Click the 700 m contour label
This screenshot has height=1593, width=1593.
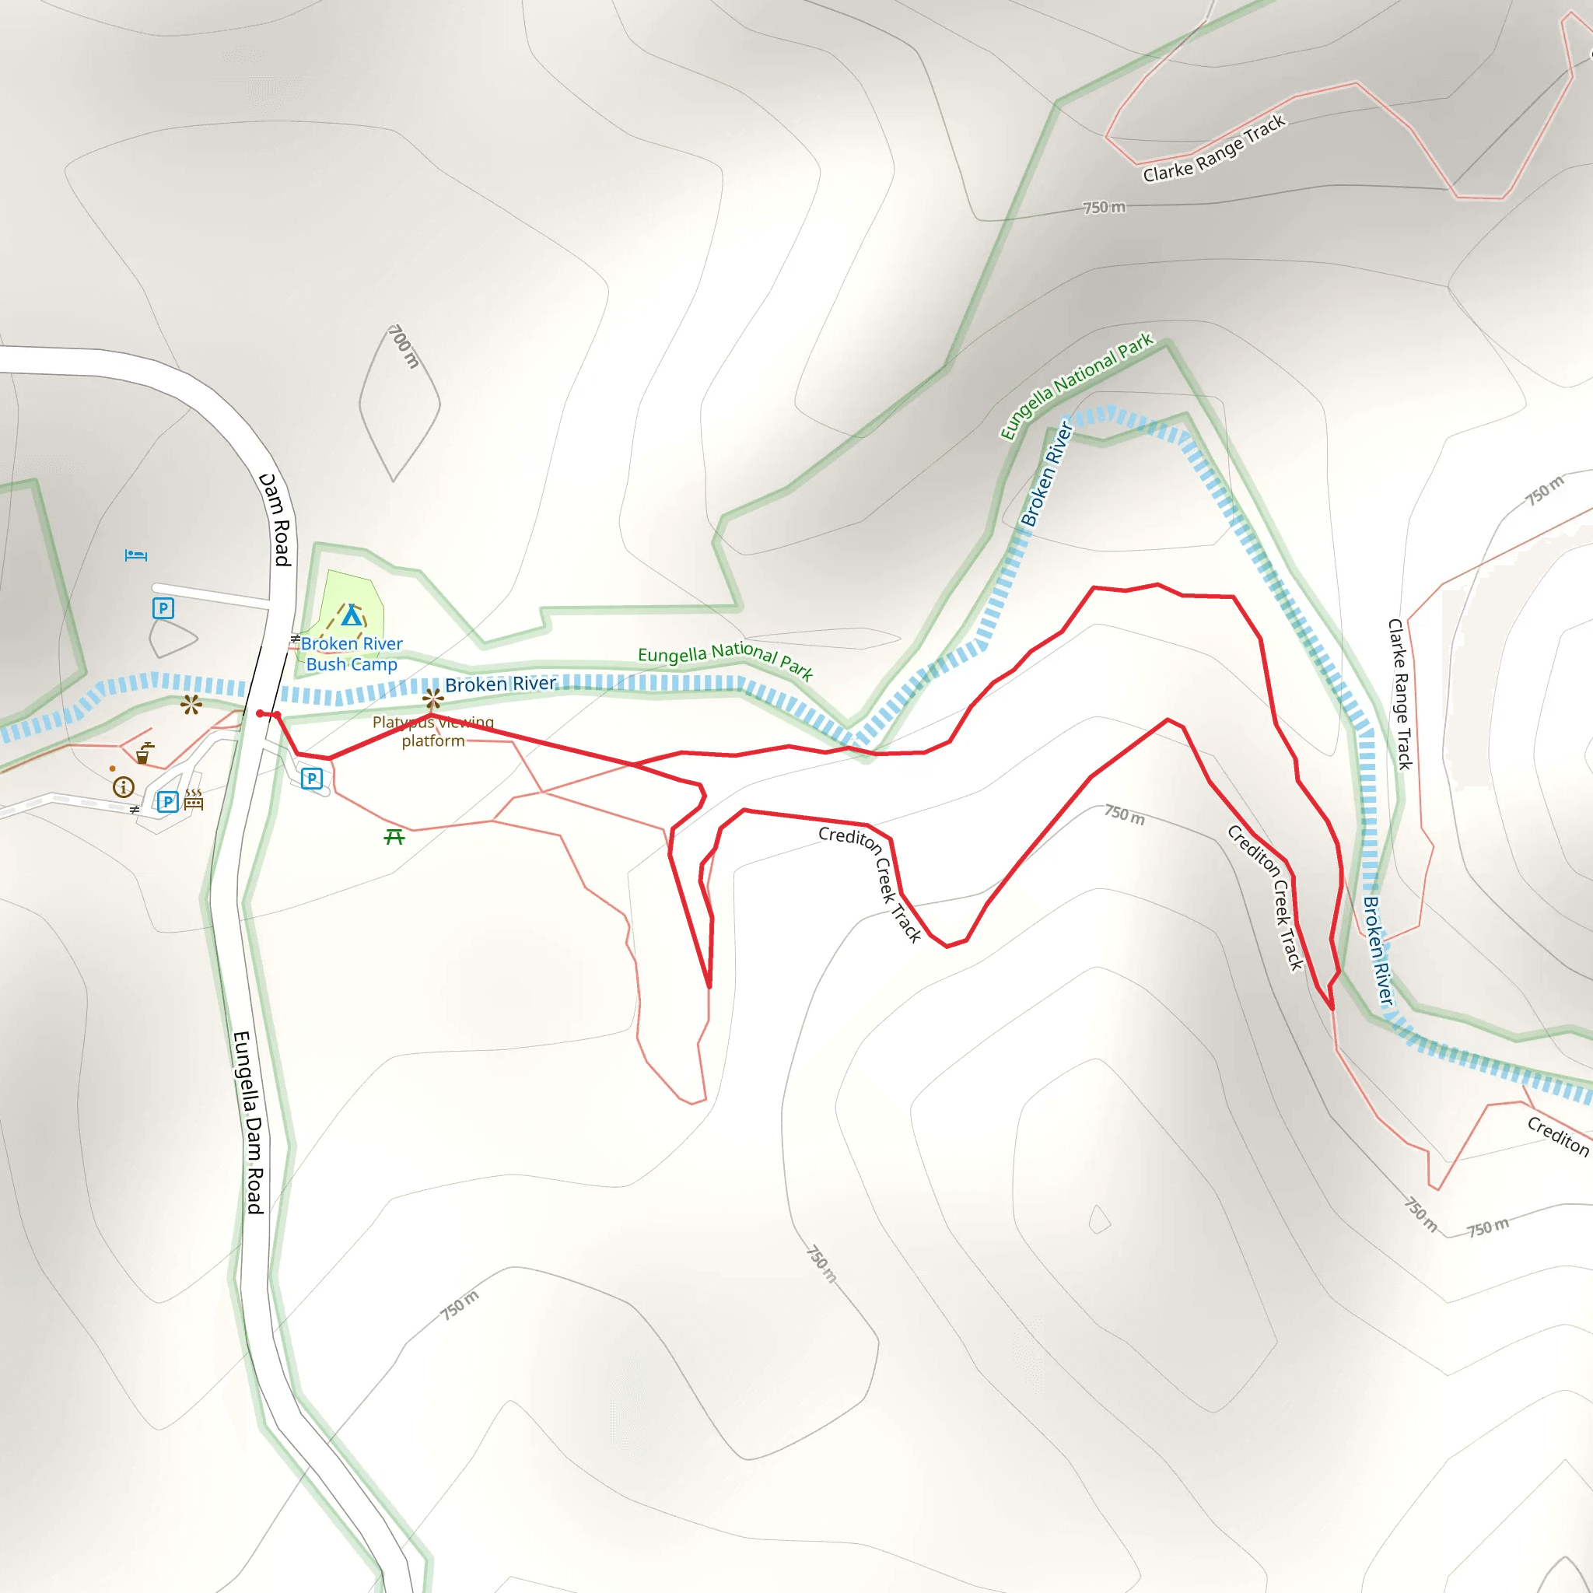tap(404, 346)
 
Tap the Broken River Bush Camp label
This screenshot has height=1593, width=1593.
tap(352, 654)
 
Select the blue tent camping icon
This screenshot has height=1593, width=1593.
tap(352, 615)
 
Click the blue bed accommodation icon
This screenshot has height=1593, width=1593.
tap(136, 555)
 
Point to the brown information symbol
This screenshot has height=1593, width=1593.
tap(124, 786)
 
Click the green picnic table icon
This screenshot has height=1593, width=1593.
tap(394, 838)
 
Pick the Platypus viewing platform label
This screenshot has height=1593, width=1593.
tap(433, 731)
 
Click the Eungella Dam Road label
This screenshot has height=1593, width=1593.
tap(248, 1122)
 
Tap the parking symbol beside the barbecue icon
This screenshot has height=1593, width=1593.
tap(167, 801)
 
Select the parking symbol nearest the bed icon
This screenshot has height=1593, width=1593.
tap(163, 608)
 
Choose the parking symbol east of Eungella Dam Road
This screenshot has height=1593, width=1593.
tap(312, 779)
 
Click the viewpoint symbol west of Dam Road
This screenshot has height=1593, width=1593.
tap(191, 704)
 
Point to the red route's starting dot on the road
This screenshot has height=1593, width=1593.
tap(260, 713)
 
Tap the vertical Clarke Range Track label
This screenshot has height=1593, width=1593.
tap(1400, 695)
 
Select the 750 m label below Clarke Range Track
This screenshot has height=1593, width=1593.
tap(1104, 207)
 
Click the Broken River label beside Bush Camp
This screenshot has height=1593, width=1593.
tap(500, 684)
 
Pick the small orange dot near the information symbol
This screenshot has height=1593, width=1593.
tap(112, 768)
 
